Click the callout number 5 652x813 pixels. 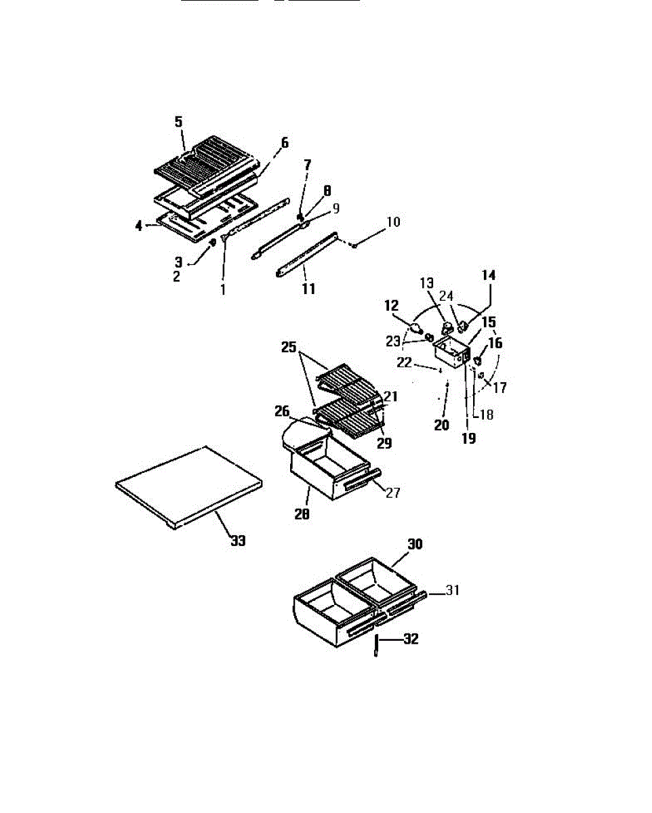click(178, 122)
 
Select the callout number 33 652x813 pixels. click(237, 541)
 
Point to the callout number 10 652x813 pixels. click(394, 222)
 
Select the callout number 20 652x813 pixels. click(442, 425)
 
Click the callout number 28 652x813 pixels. click(302, 515)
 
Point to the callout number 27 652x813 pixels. click(392, 493)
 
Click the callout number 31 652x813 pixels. click(453, 591)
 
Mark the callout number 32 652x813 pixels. click(411, 639)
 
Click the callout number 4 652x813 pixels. click(139, 226)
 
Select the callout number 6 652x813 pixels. click(285, 142)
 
